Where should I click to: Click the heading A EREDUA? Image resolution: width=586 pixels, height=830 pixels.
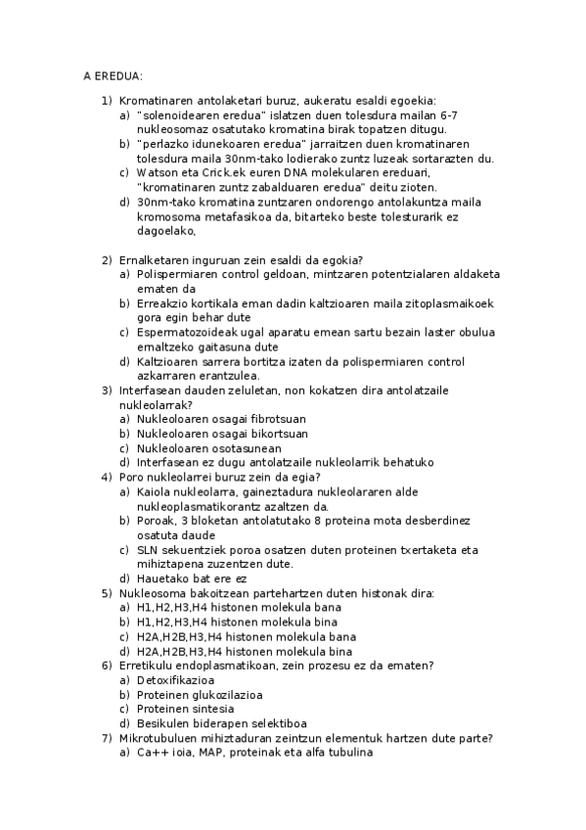pos(113,74)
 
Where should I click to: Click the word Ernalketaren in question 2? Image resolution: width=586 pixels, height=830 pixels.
pos(152,259)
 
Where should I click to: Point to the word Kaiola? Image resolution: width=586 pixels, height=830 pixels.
pos(154,491)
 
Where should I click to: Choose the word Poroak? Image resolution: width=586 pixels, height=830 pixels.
pos(157,521)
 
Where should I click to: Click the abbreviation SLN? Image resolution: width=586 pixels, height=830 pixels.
pos(149,550)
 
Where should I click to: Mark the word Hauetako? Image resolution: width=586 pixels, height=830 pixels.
pos(162,578)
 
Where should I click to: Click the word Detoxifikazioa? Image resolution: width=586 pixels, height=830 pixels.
pos(176,679)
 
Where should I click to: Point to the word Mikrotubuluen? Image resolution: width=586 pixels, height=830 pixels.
pos(158,737)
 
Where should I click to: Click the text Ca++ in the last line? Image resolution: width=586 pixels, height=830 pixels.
pos(153,752)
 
